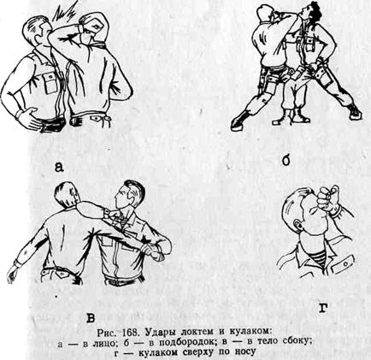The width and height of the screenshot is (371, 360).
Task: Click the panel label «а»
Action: [58, 167]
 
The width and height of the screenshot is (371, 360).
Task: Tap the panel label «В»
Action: [90, 318]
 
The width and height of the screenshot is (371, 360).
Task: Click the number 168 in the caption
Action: [132, 333]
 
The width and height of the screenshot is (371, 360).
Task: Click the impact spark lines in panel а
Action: [65, 11]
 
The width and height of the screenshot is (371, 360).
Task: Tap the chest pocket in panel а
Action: [50, 82]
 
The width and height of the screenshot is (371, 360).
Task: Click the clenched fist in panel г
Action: [328, 199]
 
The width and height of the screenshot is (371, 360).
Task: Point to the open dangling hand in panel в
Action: [12, 274]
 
